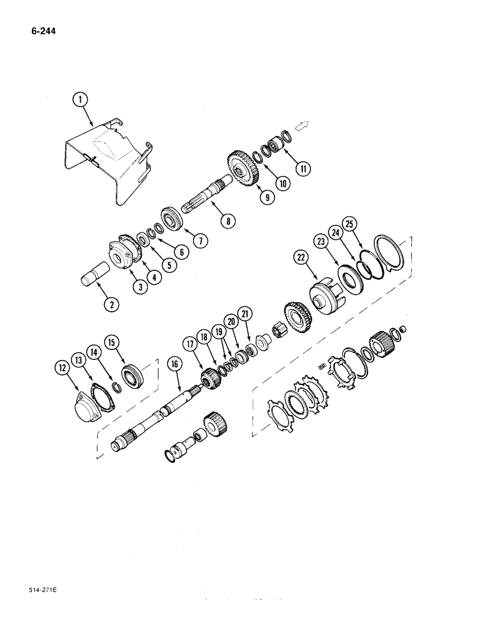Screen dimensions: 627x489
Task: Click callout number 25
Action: [x=349, y=224]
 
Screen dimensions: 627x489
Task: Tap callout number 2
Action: [x=112, y=305]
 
